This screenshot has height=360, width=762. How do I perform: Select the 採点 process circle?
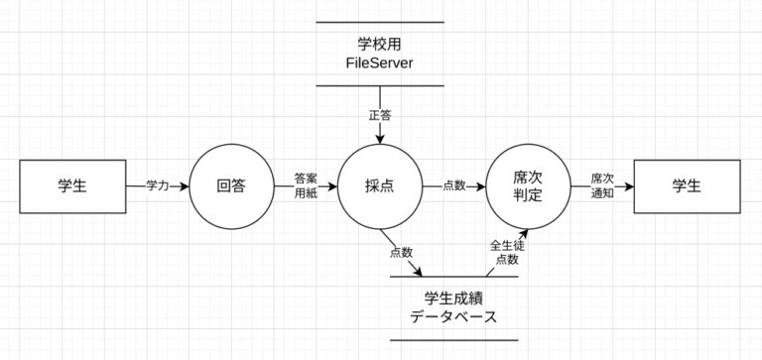(x=379, y=185)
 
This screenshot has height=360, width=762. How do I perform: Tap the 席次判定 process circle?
(x=527, y=185)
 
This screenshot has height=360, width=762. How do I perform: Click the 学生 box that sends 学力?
(x=72, y=185)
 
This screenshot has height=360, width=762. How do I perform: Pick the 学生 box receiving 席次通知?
(x=686, y=185)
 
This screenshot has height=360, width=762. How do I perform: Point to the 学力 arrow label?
(x=158, y=185)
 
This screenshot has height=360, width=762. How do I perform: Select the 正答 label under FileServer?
(x=379, y=115)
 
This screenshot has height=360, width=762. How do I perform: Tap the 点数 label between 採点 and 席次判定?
(x=454, y=185)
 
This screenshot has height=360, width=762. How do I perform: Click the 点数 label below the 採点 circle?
(x=402, y=252)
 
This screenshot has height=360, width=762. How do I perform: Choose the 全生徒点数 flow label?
(x=506, y=252)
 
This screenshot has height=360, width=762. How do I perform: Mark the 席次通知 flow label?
(x=602, y=185)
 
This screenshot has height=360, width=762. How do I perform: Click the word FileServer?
(x=379, y=64)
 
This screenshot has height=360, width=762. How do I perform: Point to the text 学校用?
(x=379, y=44)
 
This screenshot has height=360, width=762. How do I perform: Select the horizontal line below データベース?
(x=453, y=340)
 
